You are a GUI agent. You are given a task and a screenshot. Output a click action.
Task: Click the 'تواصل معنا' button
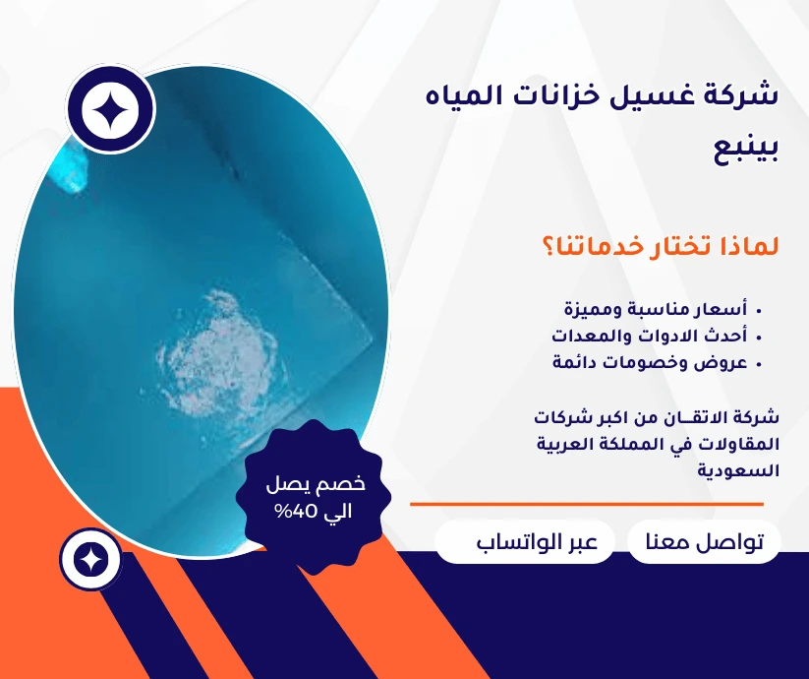(x=703, y=543)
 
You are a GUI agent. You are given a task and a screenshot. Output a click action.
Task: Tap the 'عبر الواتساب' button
(x=524, y=543)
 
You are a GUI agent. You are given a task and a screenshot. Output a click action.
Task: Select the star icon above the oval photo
(x=111, y=110)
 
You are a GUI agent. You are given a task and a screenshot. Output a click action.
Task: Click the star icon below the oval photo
(x=90, y=560)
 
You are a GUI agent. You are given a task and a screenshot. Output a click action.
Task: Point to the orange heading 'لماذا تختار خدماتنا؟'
(x=660, y=246)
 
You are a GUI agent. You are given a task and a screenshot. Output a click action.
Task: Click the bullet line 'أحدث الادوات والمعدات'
(x=654, y=336)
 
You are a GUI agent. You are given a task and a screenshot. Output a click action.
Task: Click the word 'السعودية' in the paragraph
(x=738, y=470)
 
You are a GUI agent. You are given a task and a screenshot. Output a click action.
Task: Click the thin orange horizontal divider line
(x=586, y=504)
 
